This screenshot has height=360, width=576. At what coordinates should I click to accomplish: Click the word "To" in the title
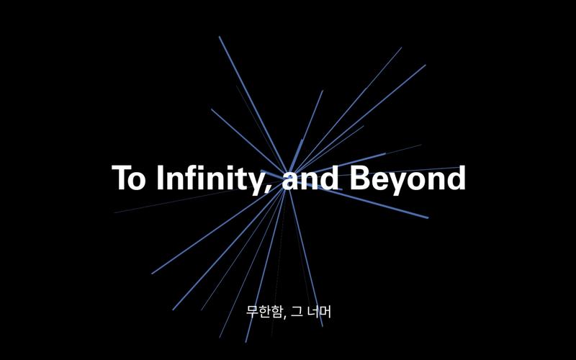(x=128, y=177)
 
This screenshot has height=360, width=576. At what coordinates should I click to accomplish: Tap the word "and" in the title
(x=310, y=177)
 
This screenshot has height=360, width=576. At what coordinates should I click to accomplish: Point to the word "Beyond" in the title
(x=408, y=179)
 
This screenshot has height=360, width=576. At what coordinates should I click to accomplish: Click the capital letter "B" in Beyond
(x=360, y=177)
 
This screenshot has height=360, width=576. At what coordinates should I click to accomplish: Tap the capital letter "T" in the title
(x=121, y=177)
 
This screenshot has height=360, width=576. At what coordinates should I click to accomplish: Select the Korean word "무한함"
(x=264, y=312)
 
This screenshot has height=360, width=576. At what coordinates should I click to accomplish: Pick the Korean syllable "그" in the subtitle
(x=296, y=312)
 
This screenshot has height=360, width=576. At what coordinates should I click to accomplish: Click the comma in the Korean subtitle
(x=284, y=317)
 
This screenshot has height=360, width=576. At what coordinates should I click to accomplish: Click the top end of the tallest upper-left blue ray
(x=220, y=37)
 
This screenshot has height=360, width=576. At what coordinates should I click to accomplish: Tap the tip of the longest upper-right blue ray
(x=426, y=66)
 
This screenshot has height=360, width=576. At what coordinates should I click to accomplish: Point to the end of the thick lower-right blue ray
(x=428, y=218)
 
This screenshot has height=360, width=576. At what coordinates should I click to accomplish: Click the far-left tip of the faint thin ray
(x=114, y=212)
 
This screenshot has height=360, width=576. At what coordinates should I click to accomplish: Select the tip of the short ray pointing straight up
(x=323, y=91)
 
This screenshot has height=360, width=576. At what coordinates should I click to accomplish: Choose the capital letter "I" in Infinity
(x=160, y=177)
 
